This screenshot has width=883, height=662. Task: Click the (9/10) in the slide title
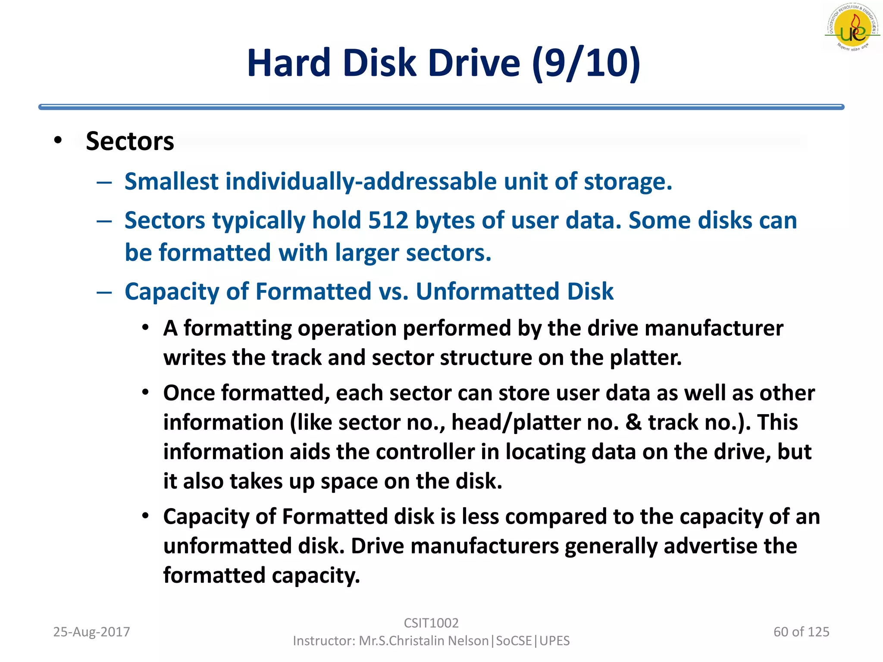click(586, 63)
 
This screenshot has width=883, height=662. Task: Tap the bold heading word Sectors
click(130, 141)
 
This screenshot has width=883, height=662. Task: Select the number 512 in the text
click(388, 221)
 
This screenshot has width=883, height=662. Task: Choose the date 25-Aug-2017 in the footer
click(91, 632)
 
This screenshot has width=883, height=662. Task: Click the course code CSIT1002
click(431, 623)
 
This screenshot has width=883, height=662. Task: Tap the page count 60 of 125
click(801, 632)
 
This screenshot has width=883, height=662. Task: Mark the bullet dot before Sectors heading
click(58, 141)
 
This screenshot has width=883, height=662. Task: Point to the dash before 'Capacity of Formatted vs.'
click(104, 293)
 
